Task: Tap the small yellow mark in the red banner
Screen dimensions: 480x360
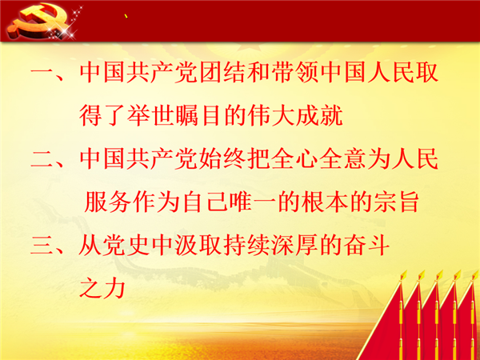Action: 126,16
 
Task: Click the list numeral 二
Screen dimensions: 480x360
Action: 42,159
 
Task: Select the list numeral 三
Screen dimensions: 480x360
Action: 42,246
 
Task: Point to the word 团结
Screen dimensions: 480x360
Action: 222,73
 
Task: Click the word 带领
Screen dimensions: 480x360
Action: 294,73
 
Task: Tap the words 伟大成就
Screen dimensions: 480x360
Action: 295,116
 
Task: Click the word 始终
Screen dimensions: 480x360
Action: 222,159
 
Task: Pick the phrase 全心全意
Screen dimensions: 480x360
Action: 318,159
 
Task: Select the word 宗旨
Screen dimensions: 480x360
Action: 396,202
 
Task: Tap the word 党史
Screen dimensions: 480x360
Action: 126,246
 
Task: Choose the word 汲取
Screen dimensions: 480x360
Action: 198,246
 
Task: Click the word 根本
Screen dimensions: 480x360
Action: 324,202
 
